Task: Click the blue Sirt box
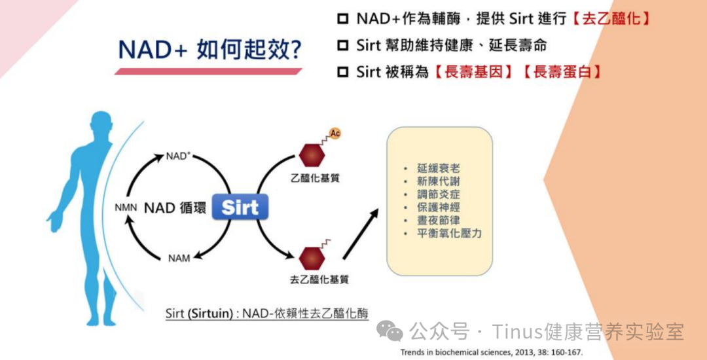pyautogui.click(x=240, y=207)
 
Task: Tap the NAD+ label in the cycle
pyautogui.click(x=178, y=156)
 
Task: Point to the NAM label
pyautogui.click(x=179, y=259)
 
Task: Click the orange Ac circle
pyautogui.click(x=335, y=134)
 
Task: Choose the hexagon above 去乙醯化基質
pyautogui.click(x=312, y=259)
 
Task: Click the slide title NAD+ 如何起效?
pyautogui.click(x=209, y=50)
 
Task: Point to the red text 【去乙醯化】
pyautogui.click(x=611, y=18)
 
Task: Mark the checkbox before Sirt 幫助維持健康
pyautogui.click(x=344, y=45)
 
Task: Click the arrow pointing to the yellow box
pyautogui.click(x=361, y=235)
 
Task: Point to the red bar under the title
pyautogui.click(x=208, y=71)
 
